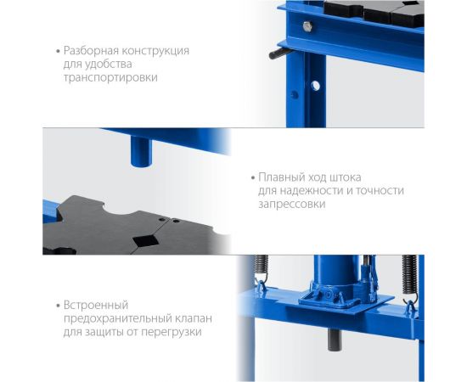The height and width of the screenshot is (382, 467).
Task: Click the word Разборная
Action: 92,51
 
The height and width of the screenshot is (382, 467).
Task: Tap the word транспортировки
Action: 110,78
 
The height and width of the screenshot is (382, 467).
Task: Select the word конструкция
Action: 156,51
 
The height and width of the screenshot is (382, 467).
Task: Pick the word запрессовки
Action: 291,205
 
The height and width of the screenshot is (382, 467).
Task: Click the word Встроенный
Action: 96,306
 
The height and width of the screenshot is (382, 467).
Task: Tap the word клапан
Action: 194,318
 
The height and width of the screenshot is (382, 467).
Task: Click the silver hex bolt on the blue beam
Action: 307,26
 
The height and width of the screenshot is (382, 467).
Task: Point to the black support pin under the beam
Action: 280,53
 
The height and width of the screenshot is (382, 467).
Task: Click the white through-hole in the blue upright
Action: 315,86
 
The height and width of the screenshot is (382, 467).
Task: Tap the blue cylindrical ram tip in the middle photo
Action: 141,151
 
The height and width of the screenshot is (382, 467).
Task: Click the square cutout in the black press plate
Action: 145,240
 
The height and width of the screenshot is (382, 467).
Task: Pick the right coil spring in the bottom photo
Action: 409,275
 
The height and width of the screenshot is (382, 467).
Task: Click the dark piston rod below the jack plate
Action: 335,340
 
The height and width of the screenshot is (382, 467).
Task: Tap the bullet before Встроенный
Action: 58,306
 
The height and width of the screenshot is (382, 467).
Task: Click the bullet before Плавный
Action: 253,177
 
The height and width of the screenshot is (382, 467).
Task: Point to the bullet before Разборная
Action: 58,51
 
